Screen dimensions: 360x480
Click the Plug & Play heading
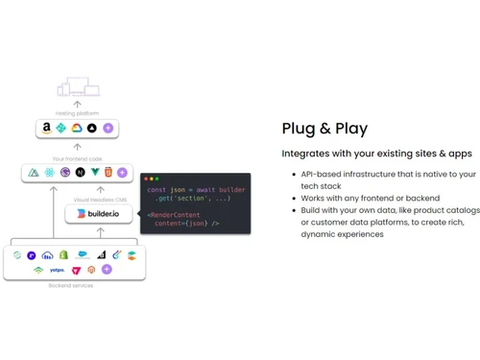(x=324, y=129)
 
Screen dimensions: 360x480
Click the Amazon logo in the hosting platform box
(x=46, y=128)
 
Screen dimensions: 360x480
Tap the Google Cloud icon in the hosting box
(x=77, y=128)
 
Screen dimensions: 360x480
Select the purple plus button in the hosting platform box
(x=108, y=128)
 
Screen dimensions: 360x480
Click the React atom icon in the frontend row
(x=50, y=173)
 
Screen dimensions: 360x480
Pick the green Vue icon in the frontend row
(x=94, y=173)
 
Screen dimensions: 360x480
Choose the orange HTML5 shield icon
(x=108, y=173)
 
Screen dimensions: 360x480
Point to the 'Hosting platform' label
(x=77, y=113)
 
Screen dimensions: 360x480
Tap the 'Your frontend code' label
(x=77, y=158)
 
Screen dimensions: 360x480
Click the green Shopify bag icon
(x=63, y=255)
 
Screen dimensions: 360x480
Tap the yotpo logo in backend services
(x=57, y=270)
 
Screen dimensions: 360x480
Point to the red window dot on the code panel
(x=147, y=180)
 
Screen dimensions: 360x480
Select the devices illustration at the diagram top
(x=77, y=89)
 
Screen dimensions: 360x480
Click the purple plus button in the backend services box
(x=107, y=270)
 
